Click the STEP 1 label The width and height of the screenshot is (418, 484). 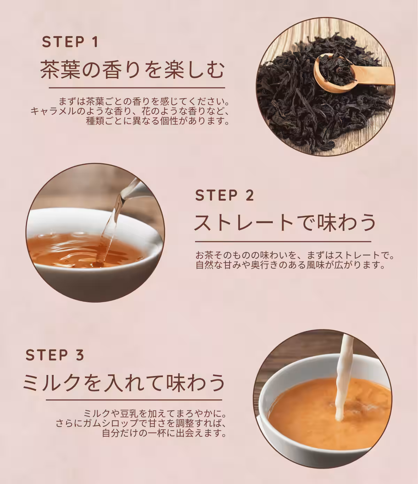70,42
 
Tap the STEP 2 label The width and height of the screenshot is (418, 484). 225,195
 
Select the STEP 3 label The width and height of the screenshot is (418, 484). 55,355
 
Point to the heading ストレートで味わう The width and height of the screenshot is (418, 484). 285,223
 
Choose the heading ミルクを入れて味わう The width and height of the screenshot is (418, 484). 124,382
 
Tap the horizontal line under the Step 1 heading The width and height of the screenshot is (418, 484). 137,88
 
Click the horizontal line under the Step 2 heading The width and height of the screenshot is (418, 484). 283,241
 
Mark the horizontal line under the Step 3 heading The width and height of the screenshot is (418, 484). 134,400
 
